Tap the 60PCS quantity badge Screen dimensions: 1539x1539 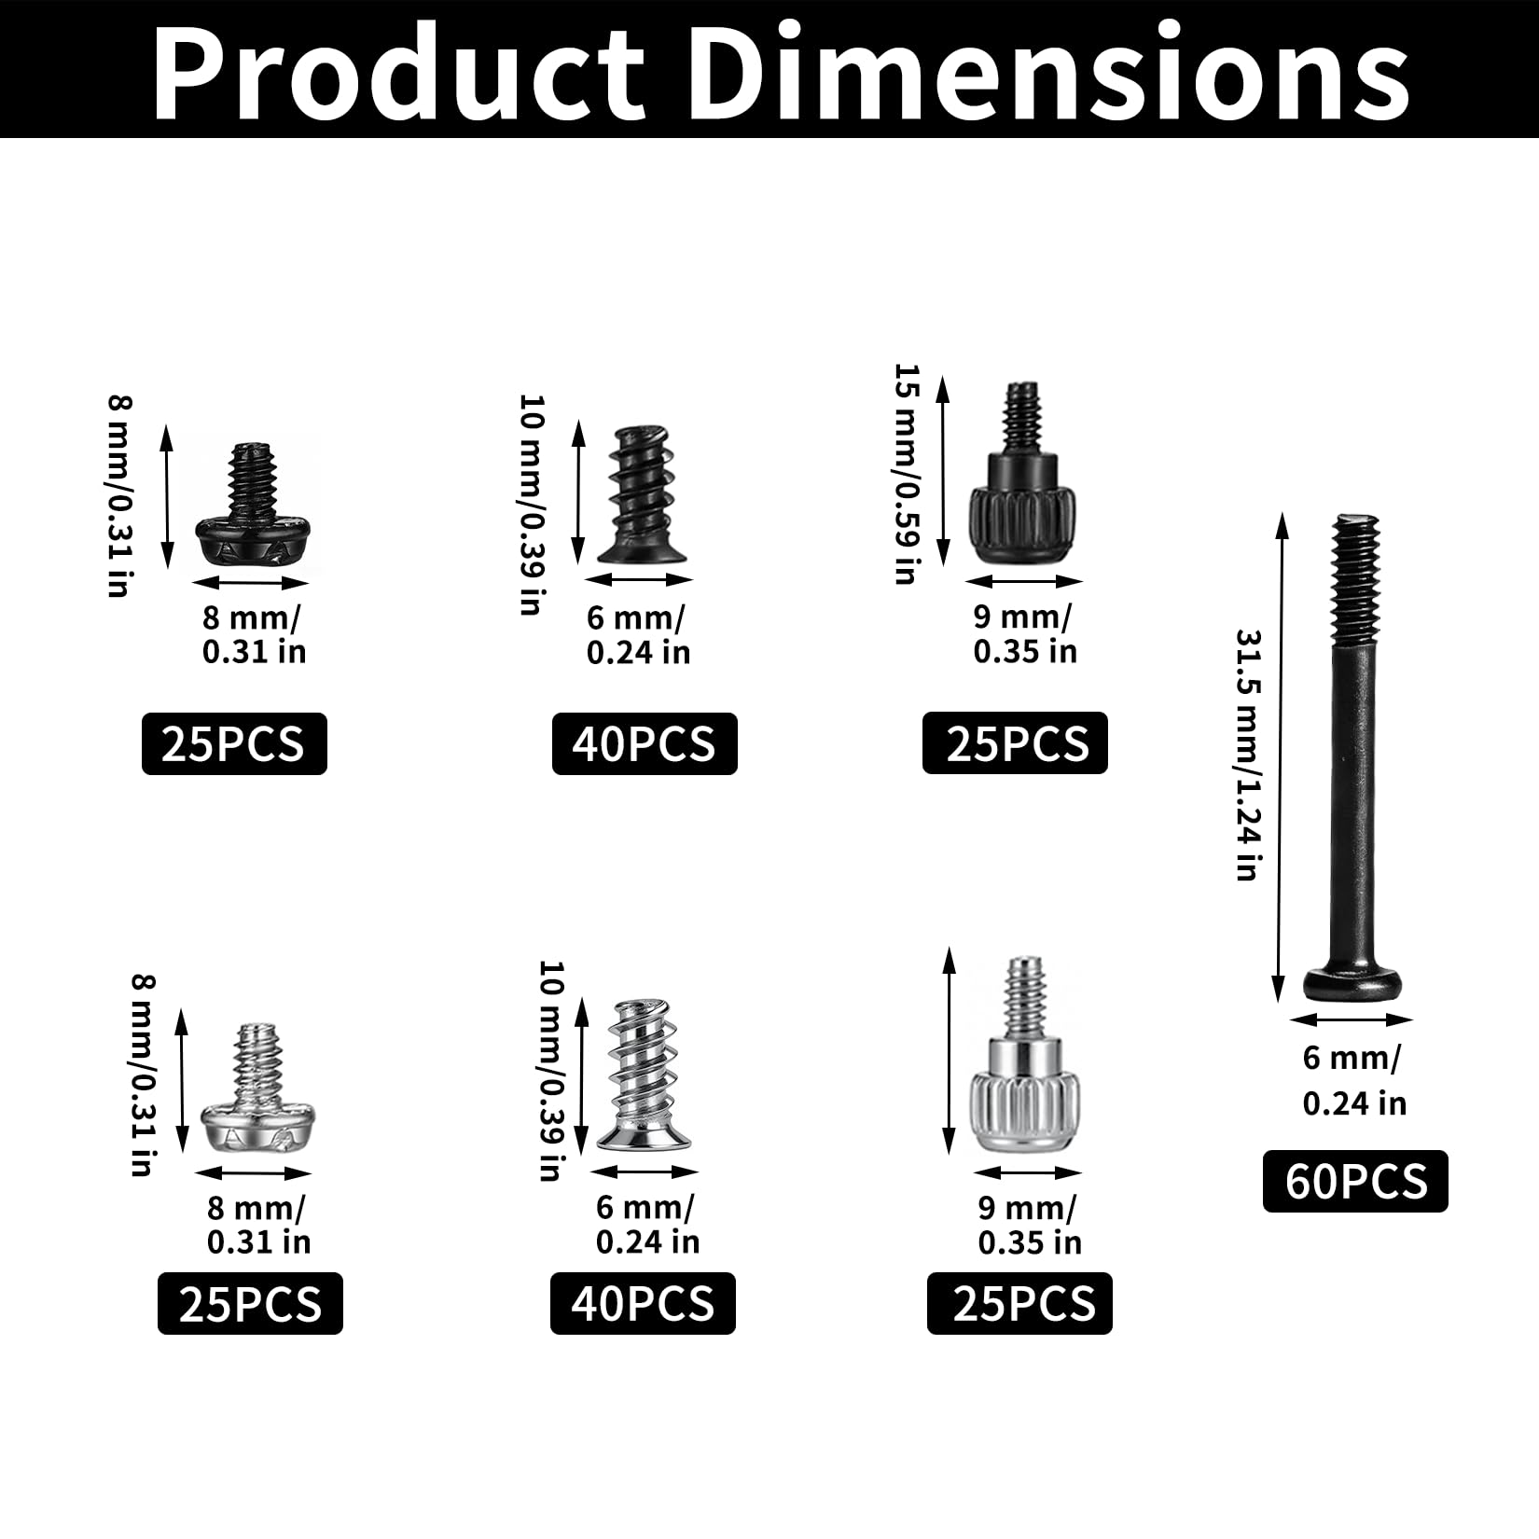click(x=1355, y=1181)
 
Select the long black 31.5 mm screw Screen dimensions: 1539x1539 click(x=1352, y=756)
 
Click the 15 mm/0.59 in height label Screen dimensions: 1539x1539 click(x=907, y=474)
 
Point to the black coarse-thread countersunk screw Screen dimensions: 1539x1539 click(x=644, y=494)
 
